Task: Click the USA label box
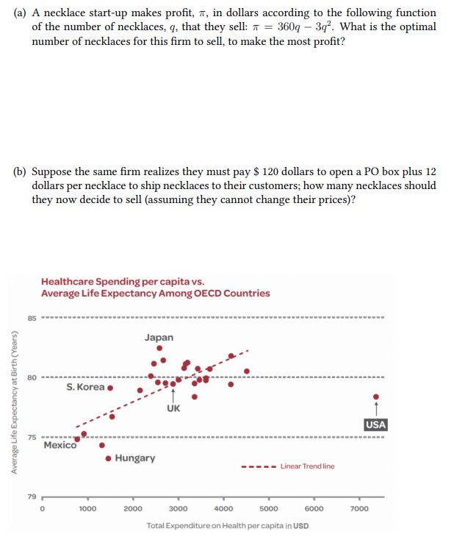[375, 425]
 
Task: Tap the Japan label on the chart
[159, 338]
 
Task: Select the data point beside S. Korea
[110, 388]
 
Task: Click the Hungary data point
[109, 458]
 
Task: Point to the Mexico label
[60, 445]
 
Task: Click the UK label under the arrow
[173, 408]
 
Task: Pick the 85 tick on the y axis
[32, 319]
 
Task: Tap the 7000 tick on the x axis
[359, 508]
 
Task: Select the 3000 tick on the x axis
[178, 508]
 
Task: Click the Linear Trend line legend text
[307, 466]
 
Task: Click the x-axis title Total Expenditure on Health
[228, 525]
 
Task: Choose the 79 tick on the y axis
[32, 497]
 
